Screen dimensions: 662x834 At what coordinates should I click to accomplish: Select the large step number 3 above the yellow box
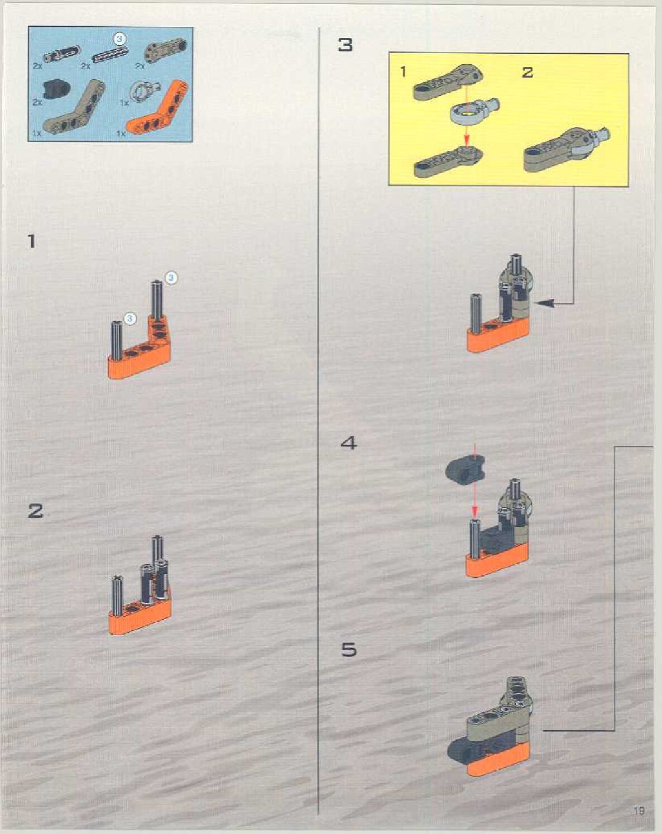click(x=346, y=45)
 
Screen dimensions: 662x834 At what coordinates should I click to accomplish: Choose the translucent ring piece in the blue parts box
click(x=143, y=90)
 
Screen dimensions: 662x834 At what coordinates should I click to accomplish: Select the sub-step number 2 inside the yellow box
click(x=527, y=72)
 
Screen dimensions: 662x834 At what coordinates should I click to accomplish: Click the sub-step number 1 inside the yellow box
click(x=403, y=72)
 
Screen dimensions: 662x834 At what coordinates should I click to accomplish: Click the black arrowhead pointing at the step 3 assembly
click(x=544, y=303)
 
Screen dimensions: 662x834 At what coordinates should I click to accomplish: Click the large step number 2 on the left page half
click(x=36, y=511)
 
